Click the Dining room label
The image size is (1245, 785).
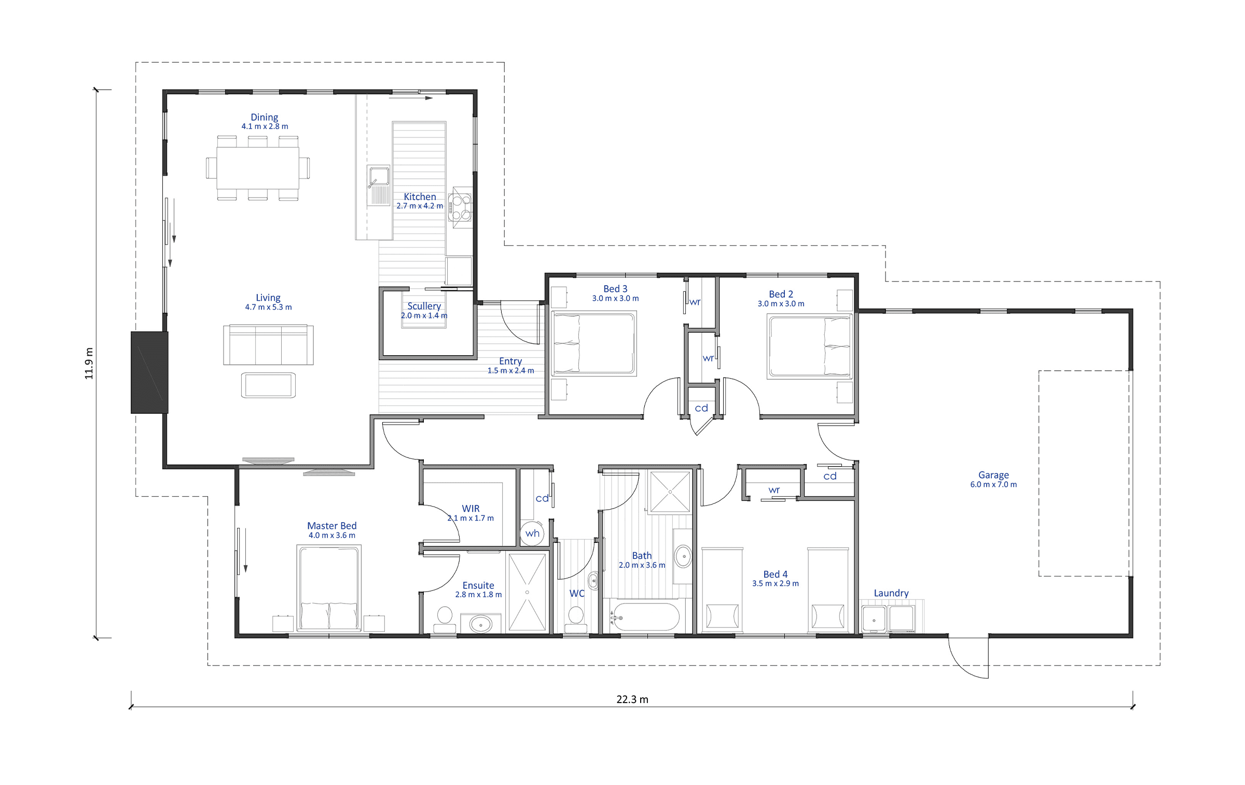click(x=265, y=117)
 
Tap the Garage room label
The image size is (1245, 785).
click(x=993, y=475)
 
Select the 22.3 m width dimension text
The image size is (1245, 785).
click(x=632, y=699)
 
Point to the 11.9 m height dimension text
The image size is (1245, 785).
click(x=89, y=363)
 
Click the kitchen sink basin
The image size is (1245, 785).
click(x=379, y=176)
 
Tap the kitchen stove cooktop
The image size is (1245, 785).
click(x=460, y=207)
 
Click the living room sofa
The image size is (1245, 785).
click(x=268, y=345)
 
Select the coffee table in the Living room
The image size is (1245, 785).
click(x=268, y=385)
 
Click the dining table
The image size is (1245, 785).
click(x=258, y=168)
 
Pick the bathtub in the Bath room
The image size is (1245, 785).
click(x=645, y=616)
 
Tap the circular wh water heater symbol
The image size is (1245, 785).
click(x=532, y=534)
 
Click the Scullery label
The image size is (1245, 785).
click(x=424, y=306)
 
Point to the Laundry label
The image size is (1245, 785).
click(x=891, y=593)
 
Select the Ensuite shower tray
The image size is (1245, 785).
click(x=527, y=592)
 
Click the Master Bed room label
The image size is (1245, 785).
click(x=332, y=526)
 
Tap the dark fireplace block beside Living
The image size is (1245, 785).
click(x=149, y=372)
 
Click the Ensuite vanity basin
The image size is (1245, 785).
click(x=481, y=624)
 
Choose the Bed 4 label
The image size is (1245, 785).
click(x=776, y=574)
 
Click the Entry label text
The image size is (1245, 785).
click(x=510, y=361)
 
